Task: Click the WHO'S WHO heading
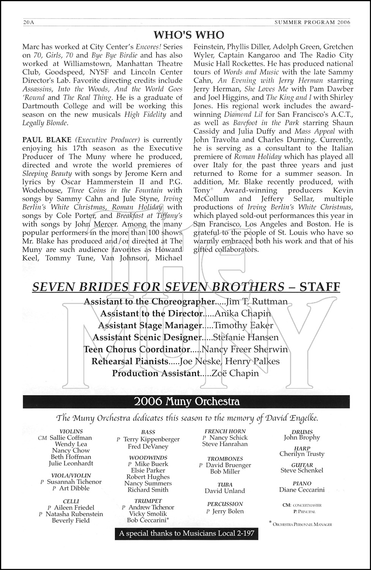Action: coord(189,35)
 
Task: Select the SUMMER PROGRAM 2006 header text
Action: coord(312,22)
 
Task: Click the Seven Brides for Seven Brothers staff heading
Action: coord(186,287)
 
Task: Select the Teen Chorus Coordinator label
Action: coord(137,349)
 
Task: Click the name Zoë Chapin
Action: coord(236,373)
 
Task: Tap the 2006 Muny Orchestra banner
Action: coord(186,402)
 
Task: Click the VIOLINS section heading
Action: coord(71,431)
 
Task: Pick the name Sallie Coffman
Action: coord(71,438)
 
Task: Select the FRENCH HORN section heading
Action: coord(225,431)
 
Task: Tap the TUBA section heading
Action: coord(225,484)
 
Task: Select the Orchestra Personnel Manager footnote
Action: coord(302,524)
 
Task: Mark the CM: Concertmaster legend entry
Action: coord(302,505)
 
